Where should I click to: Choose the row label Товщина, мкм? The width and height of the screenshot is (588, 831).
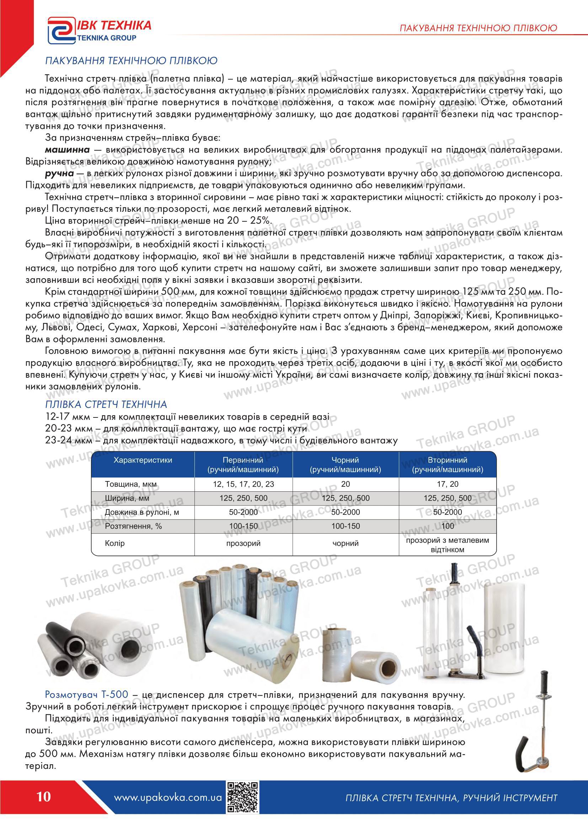coord(131,484)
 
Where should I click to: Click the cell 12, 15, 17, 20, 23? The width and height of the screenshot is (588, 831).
coord(243,484)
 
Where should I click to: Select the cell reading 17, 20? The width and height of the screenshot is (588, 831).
coord(448,484)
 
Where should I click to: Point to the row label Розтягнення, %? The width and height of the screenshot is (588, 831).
coord(133,526)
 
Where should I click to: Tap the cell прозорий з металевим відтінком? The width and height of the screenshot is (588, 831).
coord(448,545)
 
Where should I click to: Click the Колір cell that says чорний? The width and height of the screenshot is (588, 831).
coord(346,544)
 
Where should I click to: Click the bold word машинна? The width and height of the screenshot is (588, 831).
coord(68,150)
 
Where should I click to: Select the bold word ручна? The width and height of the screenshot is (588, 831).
coord(59,174)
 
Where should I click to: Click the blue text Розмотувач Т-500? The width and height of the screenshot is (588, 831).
coord(86,695)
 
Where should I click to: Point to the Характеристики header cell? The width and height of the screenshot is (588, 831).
coord(143,460)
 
